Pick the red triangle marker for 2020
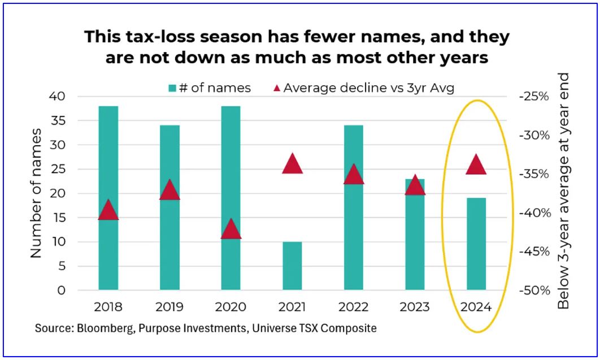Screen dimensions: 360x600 (x=231, y=229)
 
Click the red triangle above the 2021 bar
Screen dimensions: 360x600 (x=293, y=163)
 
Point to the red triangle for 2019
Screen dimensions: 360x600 (x=169, y=190)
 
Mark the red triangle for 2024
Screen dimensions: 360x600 (x=476, y=164)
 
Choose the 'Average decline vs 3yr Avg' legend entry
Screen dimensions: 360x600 (x=362, y=88)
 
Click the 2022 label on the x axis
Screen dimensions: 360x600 (x=354, y=307)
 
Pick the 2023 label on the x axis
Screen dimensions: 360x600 (x=415, y=307)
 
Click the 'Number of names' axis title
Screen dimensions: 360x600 (x=37, y=193)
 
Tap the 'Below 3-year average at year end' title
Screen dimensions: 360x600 (x=563, y=191)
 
